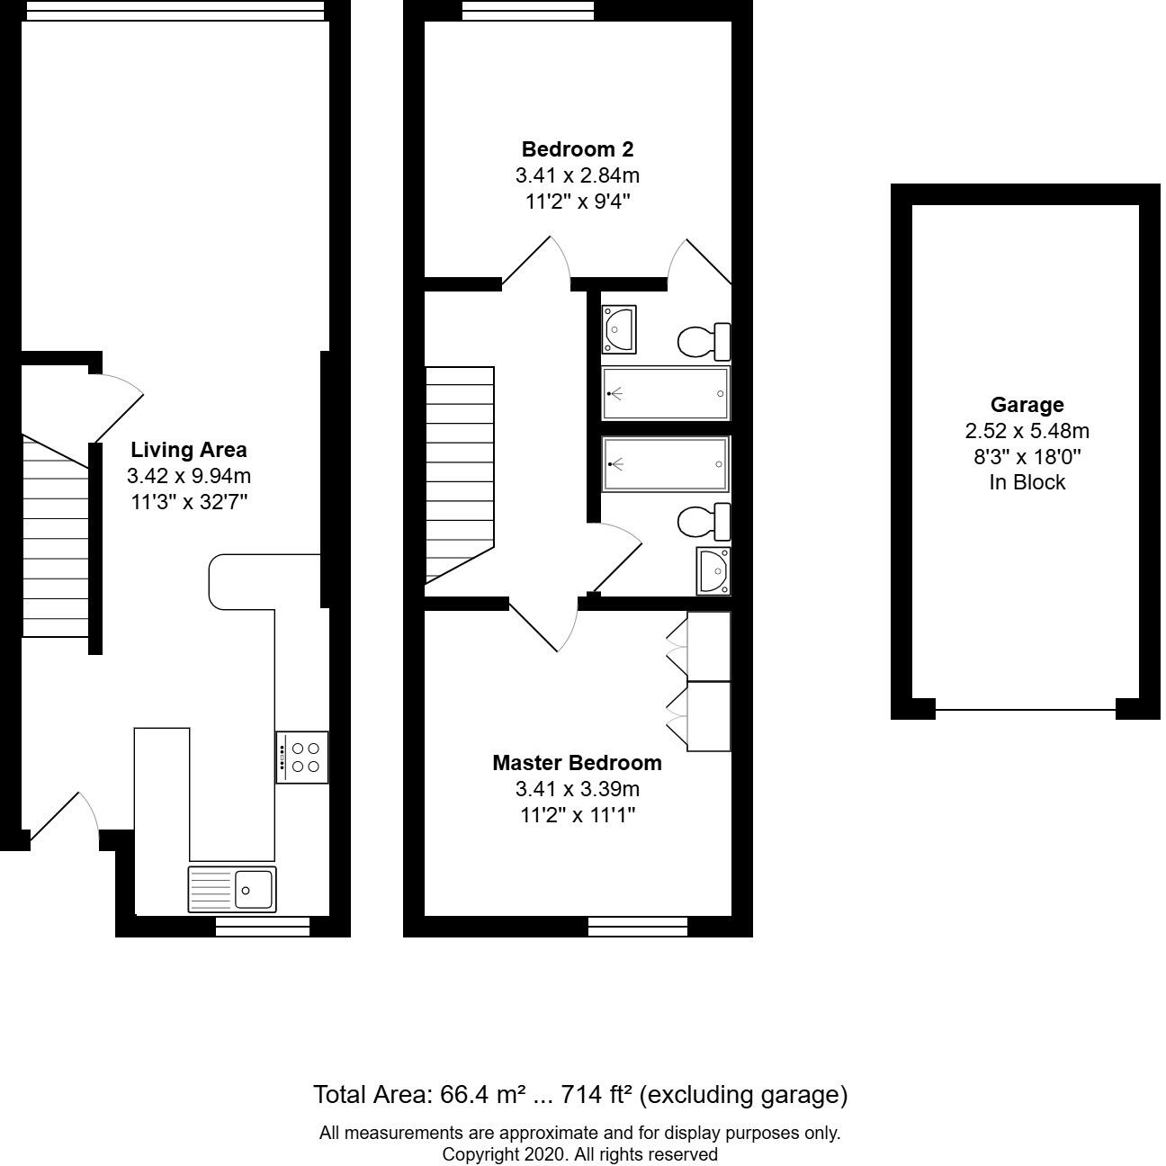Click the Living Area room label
pos(188,450)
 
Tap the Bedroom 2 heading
pos(578,149)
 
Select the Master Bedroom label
pos(577,763)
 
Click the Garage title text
pos(1027,405)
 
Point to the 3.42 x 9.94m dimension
pos(189,476)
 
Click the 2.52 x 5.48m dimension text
pos(1027,431)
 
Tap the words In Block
pos(1027,482)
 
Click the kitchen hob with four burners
pos(302,757)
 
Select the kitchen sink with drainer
pos(232,889)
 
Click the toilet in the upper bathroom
pos(703,341)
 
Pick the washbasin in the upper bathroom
pos(619,329)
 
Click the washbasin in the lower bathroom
pos(713,570)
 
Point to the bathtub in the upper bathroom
pos(666,393)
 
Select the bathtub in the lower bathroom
pos(666,463)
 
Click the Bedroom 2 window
pos(528,10)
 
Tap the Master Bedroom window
pos(638,926)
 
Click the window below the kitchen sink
pos(263,926)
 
